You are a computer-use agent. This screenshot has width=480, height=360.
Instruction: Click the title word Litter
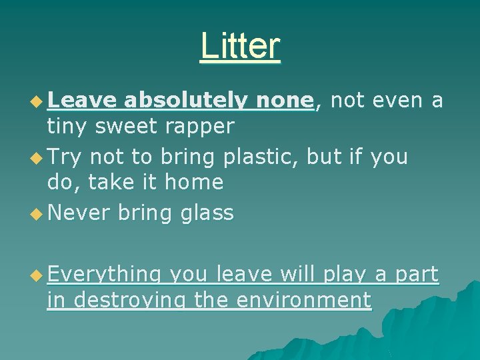pos(240,45)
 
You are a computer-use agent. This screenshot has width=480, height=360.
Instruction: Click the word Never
pos(79,213)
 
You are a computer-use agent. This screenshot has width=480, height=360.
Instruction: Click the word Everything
pos(105,275)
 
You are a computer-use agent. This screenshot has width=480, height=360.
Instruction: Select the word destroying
pos(131,300)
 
